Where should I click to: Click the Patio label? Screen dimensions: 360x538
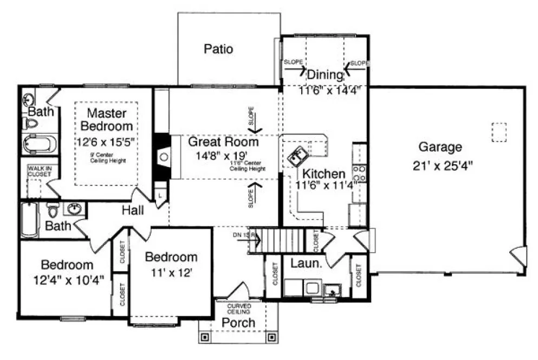click(218, 49)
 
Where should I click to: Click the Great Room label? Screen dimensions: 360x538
click(223, 142)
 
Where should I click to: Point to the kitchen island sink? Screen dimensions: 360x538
click(296, 156)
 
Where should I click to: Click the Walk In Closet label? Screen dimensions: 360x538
click(40, 172)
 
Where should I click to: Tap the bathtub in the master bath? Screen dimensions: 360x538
click(40, 144)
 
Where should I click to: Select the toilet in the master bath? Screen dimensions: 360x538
click(31, 124)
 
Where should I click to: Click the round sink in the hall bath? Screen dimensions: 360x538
click(75, 209)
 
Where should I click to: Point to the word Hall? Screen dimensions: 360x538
click(133, 210)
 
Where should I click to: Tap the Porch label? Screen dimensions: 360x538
click(239, 323)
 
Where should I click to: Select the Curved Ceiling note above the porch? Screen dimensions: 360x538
click(239, 309)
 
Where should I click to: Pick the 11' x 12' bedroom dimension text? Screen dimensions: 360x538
click(171, 274)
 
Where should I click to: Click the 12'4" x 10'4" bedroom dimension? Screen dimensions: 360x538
click(68, 281)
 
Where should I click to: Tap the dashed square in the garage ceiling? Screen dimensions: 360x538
click(498, 132)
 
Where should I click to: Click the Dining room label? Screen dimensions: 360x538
click(325, 75)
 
